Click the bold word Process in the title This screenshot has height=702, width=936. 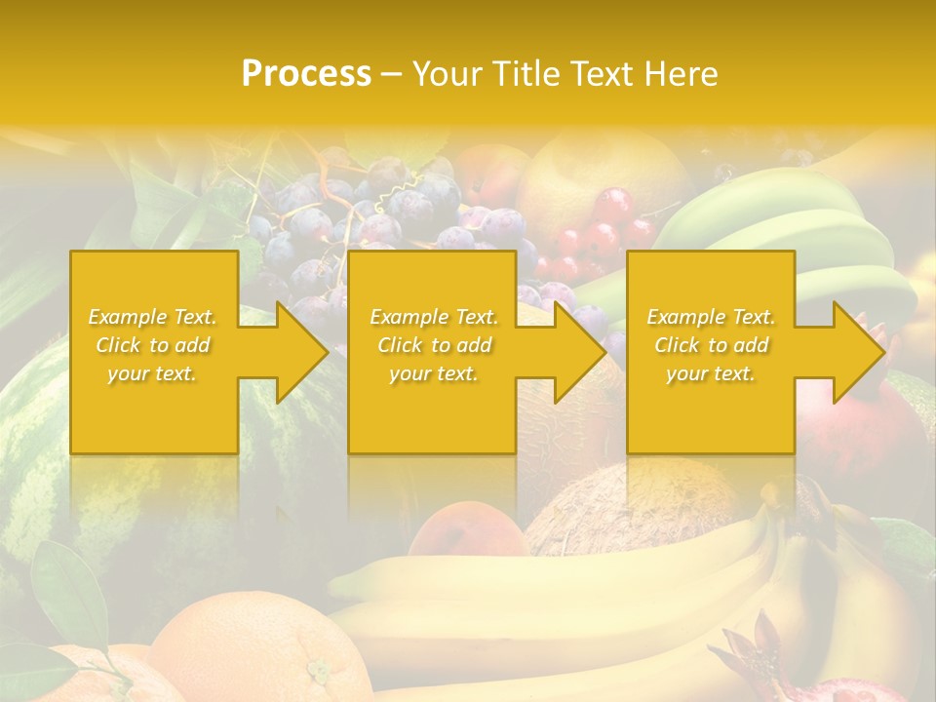tap(306, 74)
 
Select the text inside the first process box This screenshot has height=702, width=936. tap(153, 345)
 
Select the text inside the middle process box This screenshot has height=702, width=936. tap(433, 345)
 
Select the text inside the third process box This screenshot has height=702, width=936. tap(711, 345)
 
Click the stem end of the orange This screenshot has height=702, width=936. tap(318, 671)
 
